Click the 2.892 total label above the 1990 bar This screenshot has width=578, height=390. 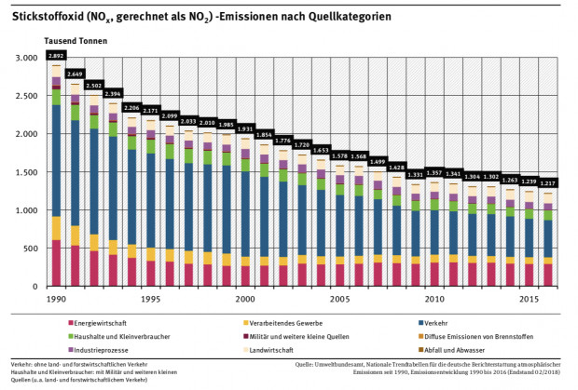tap(56, 57)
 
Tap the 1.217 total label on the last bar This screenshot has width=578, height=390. tap(548, 183)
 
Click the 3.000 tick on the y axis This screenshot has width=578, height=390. tap(26, 58)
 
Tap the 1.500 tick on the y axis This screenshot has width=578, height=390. tap(26, 172)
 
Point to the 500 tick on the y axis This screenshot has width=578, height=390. tap(32, 249)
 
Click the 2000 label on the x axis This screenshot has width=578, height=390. tap(246, 300)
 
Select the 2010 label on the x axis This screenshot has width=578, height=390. tap(433, 300)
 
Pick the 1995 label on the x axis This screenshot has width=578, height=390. tap(151, 300)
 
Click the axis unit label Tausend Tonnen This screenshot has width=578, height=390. tap(74, 41)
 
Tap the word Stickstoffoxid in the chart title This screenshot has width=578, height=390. tap(41, 17)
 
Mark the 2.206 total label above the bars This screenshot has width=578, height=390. tap(131, 109)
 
